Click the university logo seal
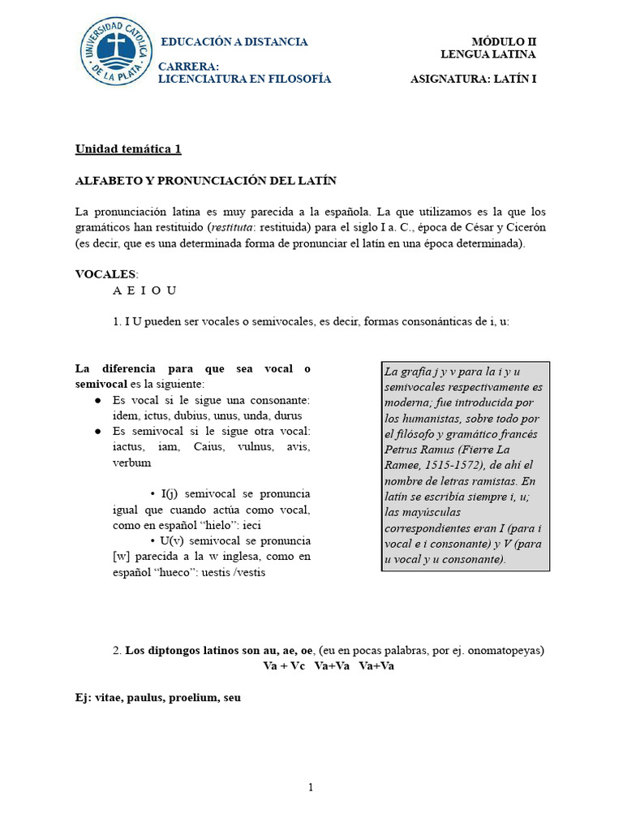(116, 54)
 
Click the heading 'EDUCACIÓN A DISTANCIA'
(234, 41)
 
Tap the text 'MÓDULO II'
(504, 41)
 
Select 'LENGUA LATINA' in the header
(488, 54)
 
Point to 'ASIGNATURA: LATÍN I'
(473, 79)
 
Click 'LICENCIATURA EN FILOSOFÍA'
(244, 79)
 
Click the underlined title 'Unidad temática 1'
(128, 149)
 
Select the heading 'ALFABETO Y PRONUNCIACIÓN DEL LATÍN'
(205, 180)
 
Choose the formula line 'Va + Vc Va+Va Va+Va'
(329, 666)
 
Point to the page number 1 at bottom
(311, 787)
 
